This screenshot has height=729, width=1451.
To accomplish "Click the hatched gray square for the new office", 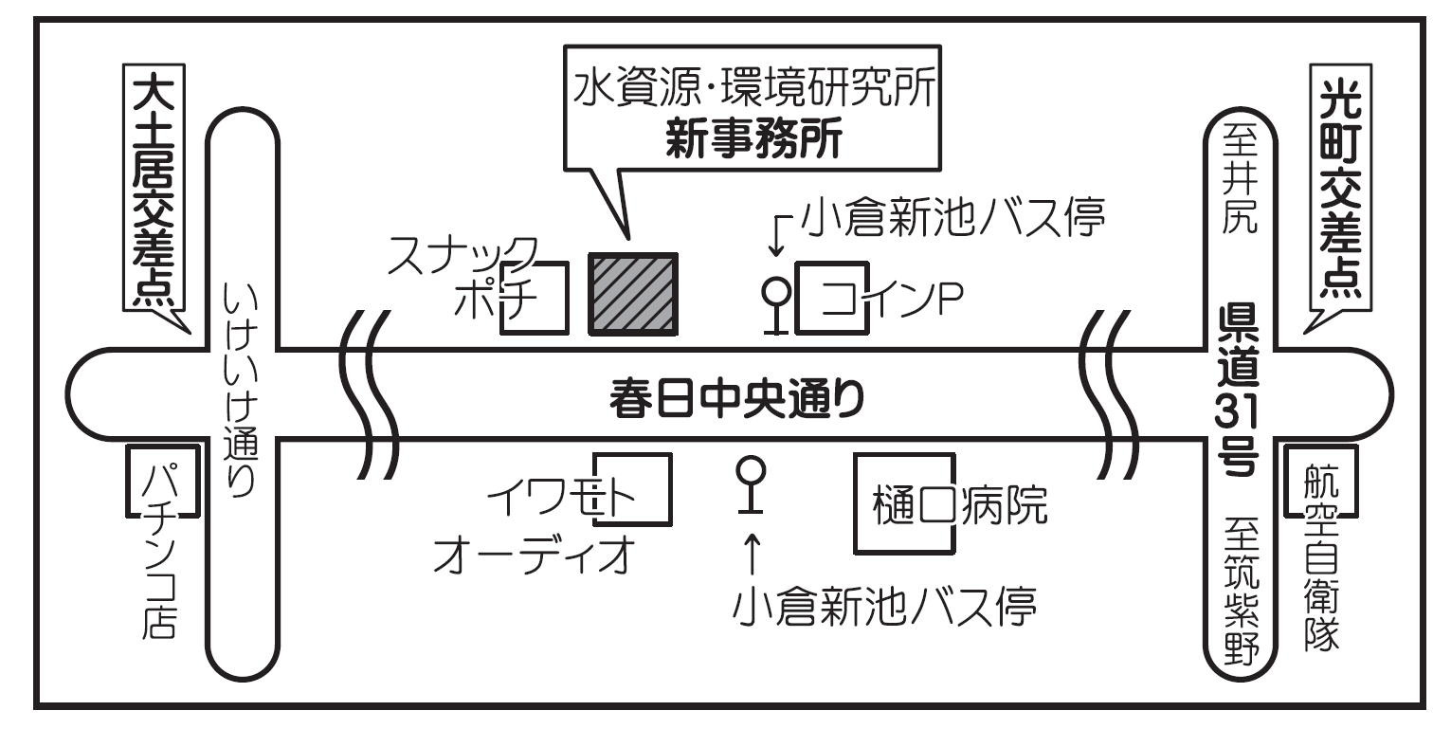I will tap(633, 294).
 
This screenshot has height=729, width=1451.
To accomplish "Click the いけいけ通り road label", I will tap(242, 388).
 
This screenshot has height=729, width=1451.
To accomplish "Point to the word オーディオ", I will tap(533, 556).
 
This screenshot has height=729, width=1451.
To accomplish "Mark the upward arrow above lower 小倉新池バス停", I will tap(752, 555).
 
